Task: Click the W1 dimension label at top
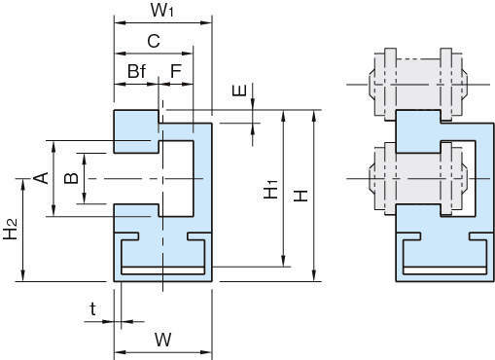click(x=162, y=11)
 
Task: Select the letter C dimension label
click(x=154, y=41)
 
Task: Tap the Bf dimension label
click(x=136, y=71)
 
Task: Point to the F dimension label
click(x=176, y=71)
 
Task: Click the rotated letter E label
click(x=239, y=90)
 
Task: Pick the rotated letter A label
click(x=42, y=178)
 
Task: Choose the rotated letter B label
click(x=71, y=178)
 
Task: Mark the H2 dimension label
click(x=10, y=229)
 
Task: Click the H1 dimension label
click(x=271, y=189)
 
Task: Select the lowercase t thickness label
click(x=93, y=308)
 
